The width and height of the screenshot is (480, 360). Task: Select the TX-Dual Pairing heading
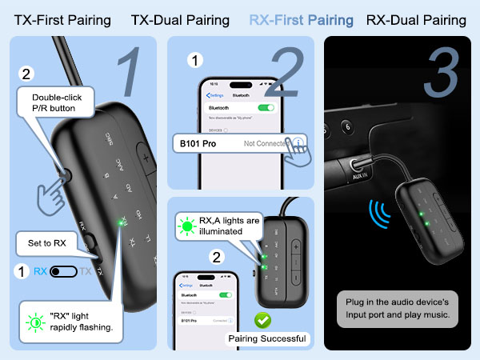(180, 19)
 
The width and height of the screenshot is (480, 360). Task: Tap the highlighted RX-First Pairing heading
(301, 19)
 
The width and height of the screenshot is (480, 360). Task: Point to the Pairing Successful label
(266, 338)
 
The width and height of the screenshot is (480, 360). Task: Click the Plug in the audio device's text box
(397, 309)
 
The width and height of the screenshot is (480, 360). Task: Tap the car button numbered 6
(347, 126)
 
